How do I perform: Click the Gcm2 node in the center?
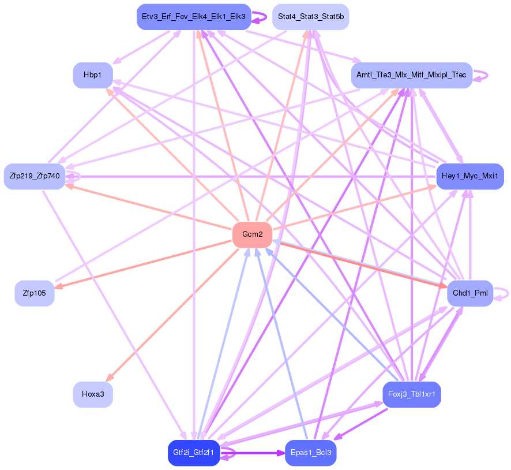pos(252,234)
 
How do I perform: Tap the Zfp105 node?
pos(34,293)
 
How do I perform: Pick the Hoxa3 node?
pos(92,395)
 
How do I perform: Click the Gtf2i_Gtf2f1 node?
pos(193,453)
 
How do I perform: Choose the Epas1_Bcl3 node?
pos(310,453)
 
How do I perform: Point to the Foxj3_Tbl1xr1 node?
pos(411,395)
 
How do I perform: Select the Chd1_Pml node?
pos(470,293)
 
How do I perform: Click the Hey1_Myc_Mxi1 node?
pos(470,176)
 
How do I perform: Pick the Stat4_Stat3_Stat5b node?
pos(310,17)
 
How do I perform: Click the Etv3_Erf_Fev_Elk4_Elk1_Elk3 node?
pos(193,17)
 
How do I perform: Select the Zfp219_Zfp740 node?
pos(34,176)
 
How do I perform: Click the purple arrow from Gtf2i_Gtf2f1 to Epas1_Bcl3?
pos(254,453)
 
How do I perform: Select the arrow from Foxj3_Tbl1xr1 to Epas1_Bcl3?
pos(360,424)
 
